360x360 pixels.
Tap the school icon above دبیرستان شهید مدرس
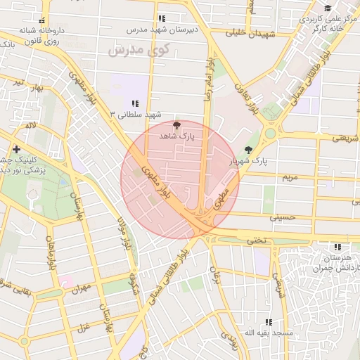click(x=162, y=18)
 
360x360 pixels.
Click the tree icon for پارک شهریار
click(x=248, y=150)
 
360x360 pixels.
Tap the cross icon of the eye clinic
click(x=16, y=149)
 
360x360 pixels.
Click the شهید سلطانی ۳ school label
click(x=136, y=114)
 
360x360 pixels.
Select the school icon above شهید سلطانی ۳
click(x=135, y=103)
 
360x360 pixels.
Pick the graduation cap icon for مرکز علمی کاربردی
click(x=328, y=8)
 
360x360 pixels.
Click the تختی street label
click(x=256, y=240)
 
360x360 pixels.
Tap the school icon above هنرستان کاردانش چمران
click(x=338, y=247)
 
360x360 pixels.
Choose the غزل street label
click(x=82, y=328)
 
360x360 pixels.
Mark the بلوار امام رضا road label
click(x=208, y=82)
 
